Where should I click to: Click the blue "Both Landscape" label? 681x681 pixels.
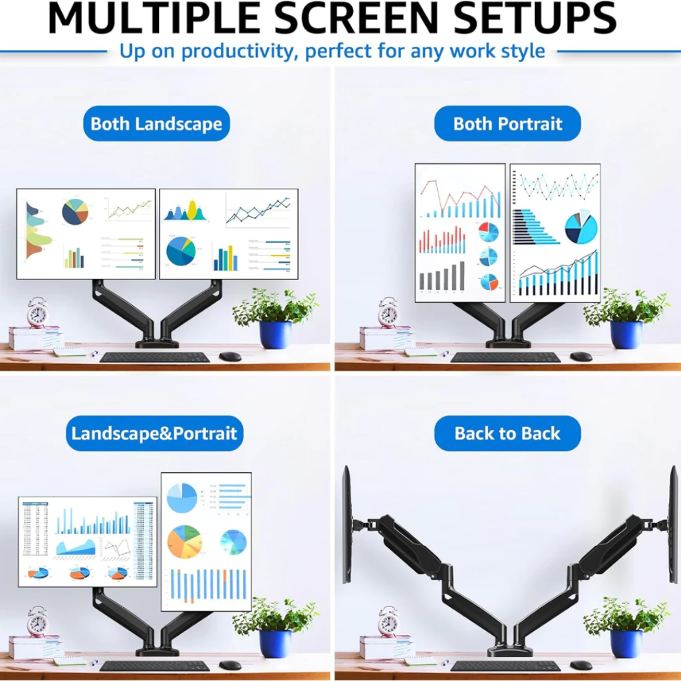pos(156,124)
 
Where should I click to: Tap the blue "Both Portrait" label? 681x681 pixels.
pos(508,124)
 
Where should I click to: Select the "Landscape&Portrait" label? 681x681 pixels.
pos(154,434)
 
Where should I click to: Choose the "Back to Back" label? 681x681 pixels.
pos(508,434)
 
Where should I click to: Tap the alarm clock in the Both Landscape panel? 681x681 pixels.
pos(37,312)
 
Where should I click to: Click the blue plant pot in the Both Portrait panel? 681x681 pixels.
pos(626,334)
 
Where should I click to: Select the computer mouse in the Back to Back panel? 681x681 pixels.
pos(581,665)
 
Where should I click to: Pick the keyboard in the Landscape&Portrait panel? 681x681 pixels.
pos(154,666)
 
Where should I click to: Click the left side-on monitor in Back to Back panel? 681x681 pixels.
pos(346,525)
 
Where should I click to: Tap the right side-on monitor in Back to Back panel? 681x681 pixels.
pos(673,525)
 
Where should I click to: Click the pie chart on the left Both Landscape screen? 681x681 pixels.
pos(75,212)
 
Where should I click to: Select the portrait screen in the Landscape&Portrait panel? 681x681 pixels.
pos(206,542)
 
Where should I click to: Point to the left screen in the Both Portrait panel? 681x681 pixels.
pos(460,233)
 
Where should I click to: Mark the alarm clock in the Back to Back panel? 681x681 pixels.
pos(388,622)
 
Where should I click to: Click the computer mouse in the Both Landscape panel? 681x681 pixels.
pos(230,356)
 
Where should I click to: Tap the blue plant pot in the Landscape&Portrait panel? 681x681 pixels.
pos(275,643)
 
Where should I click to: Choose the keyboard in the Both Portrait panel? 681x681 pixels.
pos(506,357)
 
